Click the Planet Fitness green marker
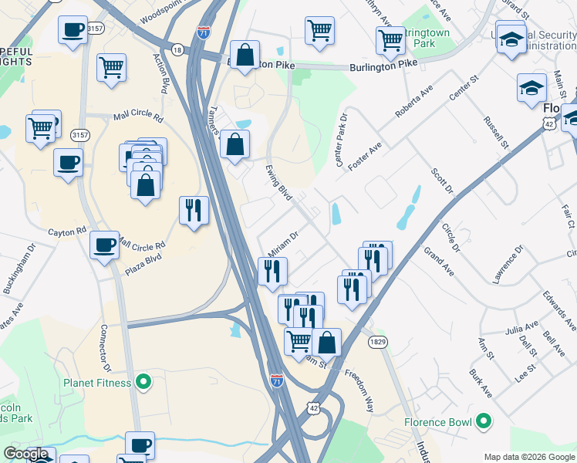click(143, 381)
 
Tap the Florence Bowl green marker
click(484, 421)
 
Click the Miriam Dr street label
click(282, 245)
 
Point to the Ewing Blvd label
click(278, 186)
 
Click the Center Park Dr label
click(342, 140)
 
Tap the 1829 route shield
click(377, 343)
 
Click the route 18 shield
click(177, 49)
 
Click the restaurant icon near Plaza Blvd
click(194, 210)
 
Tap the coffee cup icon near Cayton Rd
click(104, 245)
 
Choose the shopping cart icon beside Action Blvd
click(111, 66)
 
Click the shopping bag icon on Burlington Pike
click(245, 55)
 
